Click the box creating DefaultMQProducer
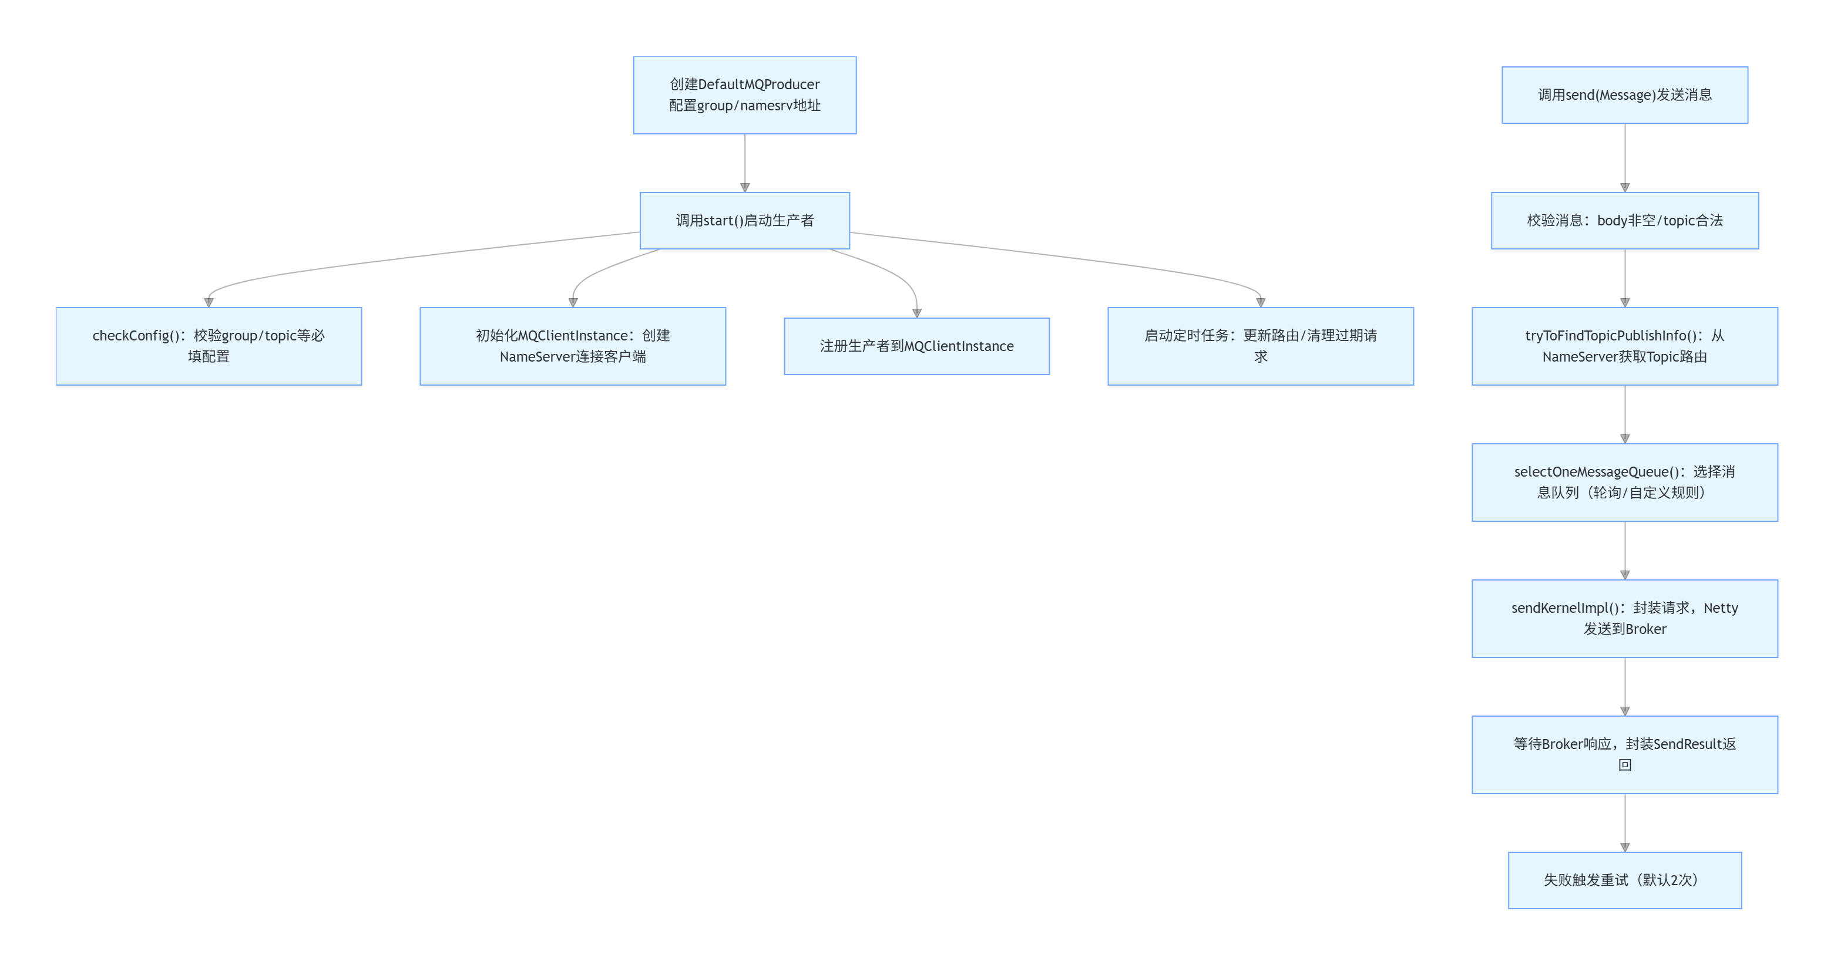tap(745, 95)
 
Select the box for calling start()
tap(745, 221)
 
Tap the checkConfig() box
tap(209, 346)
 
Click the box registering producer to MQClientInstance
tap(916, 346)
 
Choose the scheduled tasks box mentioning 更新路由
tap(1260, 346)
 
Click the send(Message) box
tap(1625, 95)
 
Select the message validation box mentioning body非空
tap(1625, 221)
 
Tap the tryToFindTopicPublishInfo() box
tap(1625, 346)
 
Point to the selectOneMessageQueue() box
tap(1625, 482)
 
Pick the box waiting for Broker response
tap(1625, 754)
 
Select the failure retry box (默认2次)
tap(1625, 880)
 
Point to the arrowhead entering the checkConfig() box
tap(209, 302)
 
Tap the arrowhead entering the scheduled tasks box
tap(1260, 302)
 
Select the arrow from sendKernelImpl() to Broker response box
tap(1625, 686)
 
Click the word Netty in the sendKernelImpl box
tap(1720, 608)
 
